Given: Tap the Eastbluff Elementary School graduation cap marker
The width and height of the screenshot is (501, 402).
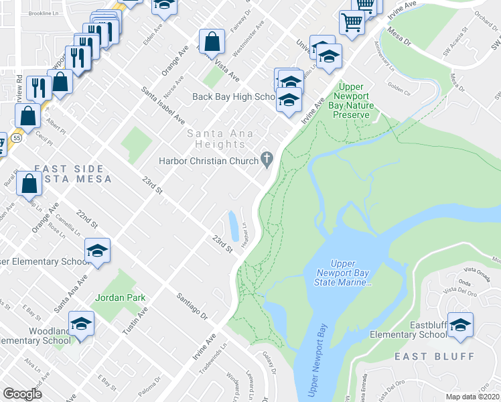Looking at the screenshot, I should pos(460,324).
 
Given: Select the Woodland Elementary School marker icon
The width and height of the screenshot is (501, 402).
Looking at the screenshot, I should pos(81,324).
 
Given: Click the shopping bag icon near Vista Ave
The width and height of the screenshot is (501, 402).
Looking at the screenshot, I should pos(212,42).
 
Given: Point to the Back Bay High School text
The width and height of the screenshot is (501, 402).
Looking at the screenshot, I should pos(234,96).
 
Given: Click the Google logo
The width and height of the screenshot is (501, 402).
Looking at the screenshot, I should pos(22,394).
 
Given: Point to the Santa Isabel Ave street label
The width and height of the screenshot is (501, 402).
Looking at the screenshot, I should pos(163,105).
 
